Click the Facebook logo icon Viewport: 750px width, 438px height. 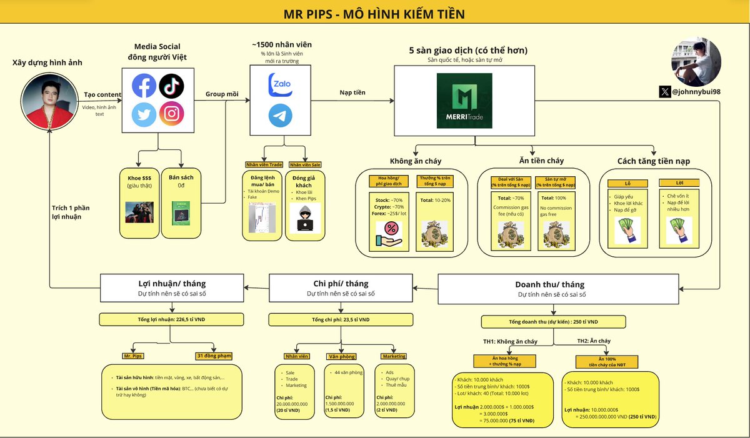(x=144, y=85)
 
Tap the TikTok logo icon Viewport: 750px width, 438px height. (x=171, y=85)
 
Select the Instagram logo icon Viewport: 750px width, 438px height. (x=171, y=114)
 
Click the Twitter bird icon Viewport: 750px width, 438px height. (x=144, y=114)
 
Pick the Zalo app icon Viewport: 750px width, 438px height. (x=280, y=85)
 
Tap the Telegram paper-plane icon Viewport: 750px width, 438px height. (x=280, y=116)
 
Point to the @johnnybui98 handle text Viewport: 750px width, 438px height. (x=696, y=92)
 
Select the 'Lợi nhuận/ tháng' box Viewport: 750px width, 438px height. (x=171, y=288)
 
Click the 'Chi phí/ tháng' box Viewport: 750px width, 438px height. (x=341, y=288)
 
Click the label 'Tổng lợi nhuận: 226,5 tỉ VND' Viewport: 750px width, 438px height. (x=171, y=320)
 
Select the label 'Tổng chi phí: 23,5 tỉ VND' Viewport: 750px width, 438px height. (x=341, y=320)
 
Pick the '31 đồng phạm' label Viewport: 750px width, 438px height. (x=214, y=356)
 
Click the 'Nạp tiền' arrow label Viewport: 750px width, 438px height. (x=352, y=92)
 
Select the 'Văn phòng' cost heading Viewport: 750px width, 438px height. (x=341, y=356)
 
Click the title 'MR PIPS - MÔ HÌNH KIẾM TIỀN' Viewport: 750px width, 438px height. (x=375, y=13)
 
